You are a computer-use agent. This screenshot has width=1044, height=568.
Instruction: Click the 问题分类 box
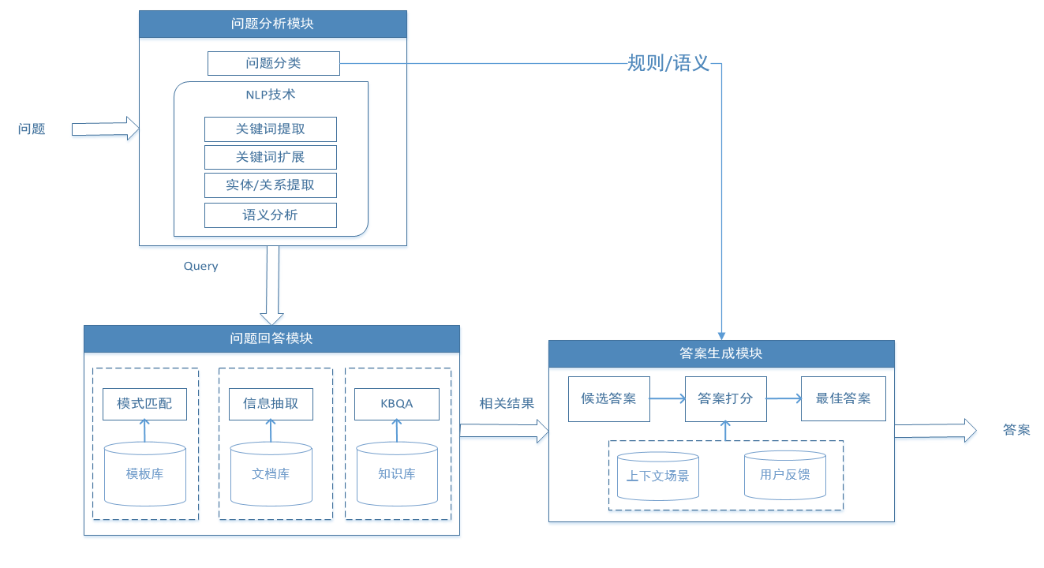coord(273,63)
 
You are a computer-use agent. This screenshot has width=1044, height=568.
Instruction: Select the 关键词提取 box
coord(270,129)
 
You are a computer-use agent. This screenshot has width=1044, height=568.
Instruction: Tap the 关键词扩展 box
coord(270,157)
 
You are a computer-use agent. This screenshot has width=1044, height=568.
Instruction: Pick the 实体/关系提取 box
coord(270,185)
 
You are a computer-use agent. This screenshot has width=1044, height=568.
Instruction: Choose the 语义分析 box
coord(270,215)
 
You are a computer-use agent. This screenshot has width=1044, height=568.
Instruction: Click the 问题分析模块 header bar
coord(273,24)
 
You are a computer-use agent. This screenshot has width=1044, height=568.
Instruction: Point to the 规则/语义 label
coord(668,63)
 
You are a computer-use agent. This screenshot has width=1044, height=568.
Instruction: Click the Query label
coord(200,266)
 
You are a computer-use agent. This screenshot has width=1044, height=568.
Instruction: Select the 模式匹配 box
coord(144,404)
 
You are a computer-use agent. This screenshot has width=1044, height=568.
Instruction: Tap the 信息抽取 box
coord(271,404)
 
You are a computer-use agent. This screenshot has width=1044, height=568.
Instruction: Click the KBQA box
coord(397,404)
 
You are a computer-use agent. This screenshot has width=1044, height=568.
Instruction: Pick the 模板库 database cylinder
coord(144,473)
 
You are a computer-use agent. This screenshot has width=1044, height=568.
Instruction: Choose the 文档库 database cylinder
coord(271,473)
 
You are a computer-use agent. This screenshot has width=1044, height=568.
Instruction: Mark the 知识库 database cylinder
coord(397,473)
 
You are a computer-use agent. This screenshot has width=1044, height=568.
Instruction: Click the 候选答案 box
coord(608,398)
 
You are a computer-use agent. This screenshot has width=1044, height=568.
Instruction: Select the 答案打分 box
coord(725,398)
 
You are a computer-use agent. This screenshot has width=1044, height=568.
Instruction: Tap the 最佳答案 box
coord(843,398)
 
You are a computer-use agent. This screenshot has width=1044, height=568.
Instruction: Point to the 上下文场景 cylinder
coord(657,476)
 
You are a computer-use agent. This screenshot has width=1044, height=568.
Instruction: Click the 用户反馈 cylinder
coord(784,474)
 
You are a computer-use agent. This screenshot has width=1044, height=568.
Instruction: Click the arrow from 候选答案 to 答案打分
coord(668,399)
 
